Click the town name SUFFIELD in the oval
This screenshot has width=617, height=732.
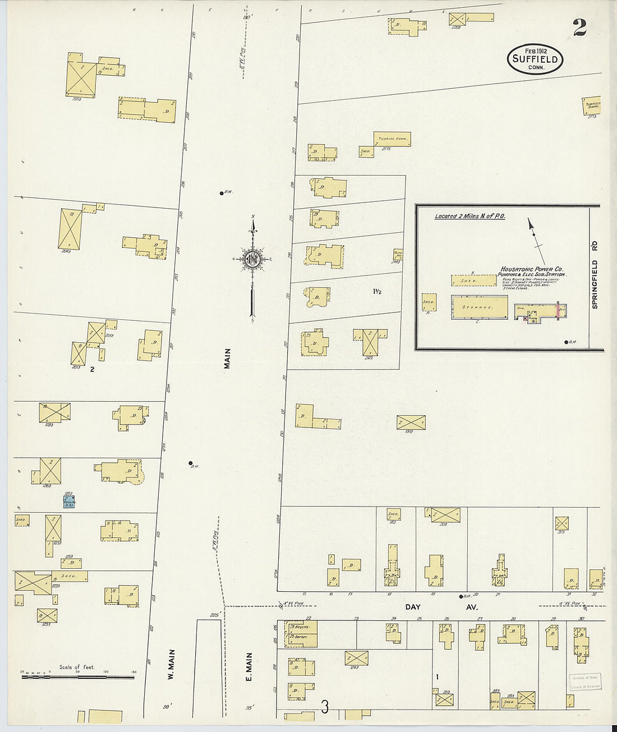[535, 59]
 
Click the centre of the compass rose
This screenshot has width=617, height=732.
[252, 259]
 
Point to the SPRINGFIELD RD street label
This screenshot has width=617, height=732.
[595, 275]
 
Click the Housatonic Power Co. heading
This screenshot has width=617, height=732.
[532, 269]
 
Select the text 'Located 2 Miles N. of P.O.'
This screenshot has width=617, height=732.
[470, 216]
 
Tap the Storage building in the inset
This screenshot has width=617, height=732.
[479, 307]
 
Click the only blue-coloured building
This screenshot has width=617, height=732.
[69, 501]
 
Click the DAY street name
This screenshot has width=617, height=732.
[413, 607]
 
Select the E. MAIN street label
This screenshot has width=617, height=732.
[249, 667]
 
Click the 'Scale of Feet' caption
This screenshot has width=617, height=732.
[77, 667]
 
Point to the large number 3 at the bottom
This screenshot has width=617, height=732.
[325, 707]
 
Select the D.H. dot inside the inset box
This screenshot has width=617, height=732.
[565, 342]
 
